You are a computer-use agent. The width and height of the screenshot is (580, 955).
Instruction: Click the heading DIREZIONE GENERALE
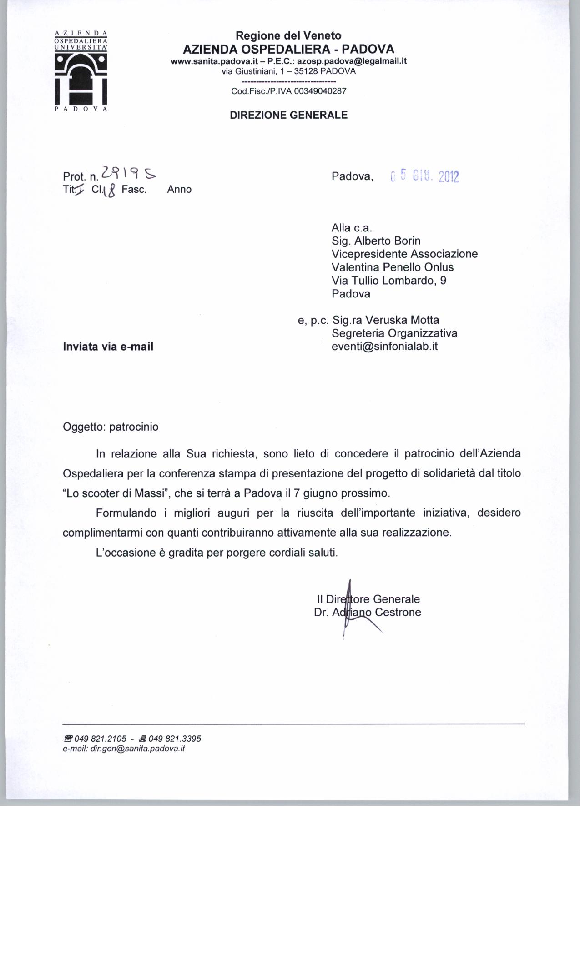pyautogui.click(x=288, y=115)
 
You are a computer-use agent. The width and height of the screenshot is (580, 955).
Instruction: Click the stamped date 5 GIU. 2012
pyautogui.click(x=425, y=176)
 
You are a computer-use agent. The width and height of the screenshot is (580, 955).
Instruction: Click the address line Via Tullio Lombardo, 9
pyautogui.click(x=389, y=281)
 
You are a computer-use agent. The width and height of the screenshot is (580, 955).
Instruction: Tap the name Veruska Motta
pyautogui.click(x=402, y=320)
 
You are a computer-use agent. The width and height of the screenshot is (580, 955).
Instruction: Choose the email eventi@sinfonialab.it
pyautogui.click(x=384, y=347)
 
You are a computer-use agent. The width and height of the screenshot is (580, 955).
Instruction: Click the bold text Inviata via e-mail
pyautogui.click(x=108, y=347)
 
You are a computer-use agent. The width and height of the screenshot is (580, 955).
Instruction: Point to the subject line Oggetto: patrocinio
pyautogui.click(x=111, y=427)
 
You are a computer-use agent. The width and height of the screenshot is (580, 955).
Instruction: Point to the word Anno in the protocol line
pyautogui.click(x=179, y=190)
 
